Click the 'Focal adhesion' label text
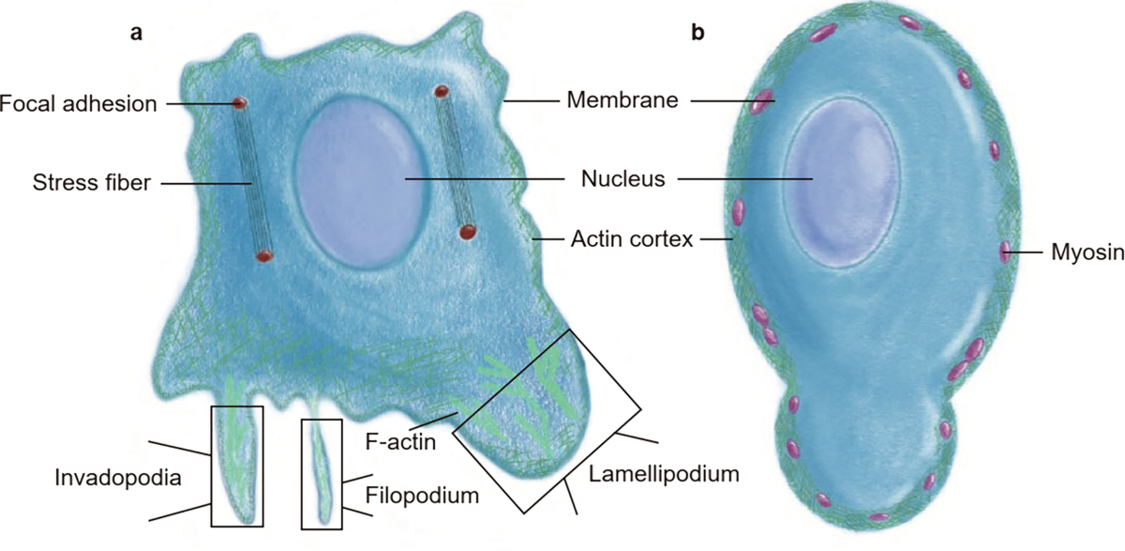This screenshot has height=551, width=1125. point(78,102)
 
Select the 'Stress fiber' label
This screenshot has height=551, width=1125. point(91,183)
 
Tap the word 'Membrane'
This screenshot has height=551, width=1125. point(622,99)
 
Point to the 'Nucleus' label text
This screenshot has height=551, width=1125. point(622,178)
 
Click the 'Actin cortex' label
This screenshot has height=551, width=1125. point(632,240)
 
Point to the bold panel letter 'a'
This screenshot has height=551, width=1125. point(136,34)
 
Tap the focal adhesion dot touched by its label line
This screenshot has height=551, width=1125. point(240,101)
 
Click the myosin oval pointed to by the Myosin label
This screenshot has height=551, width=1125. point(1005,251)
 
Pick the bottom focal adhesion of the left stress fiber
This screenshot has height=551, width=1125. point(264,254)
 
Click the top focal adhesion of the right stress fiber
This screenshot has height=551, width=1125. point(441,91)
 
